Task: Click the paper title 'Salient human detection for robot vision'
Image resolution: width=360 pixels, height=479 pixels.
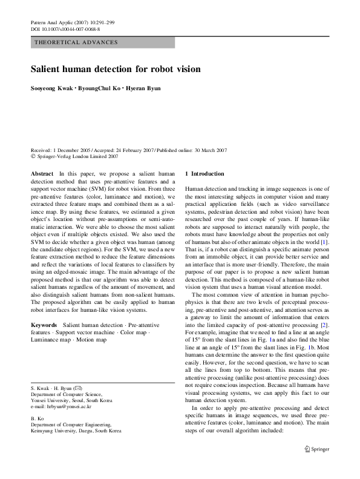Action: tap(115, 70)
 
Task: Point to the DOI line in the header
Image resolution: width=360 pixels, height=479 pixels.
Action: tap(65, 28)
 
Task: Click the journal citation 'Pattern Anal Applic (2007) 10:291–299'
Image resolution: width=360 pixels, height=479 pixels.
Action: tap(72, 22)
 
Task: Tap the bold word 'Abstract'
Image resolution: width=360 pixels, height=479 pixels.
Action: tap(42, 173)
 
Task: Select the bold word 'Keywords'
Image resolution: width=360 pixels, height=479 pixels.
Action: tap(44, 325)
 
